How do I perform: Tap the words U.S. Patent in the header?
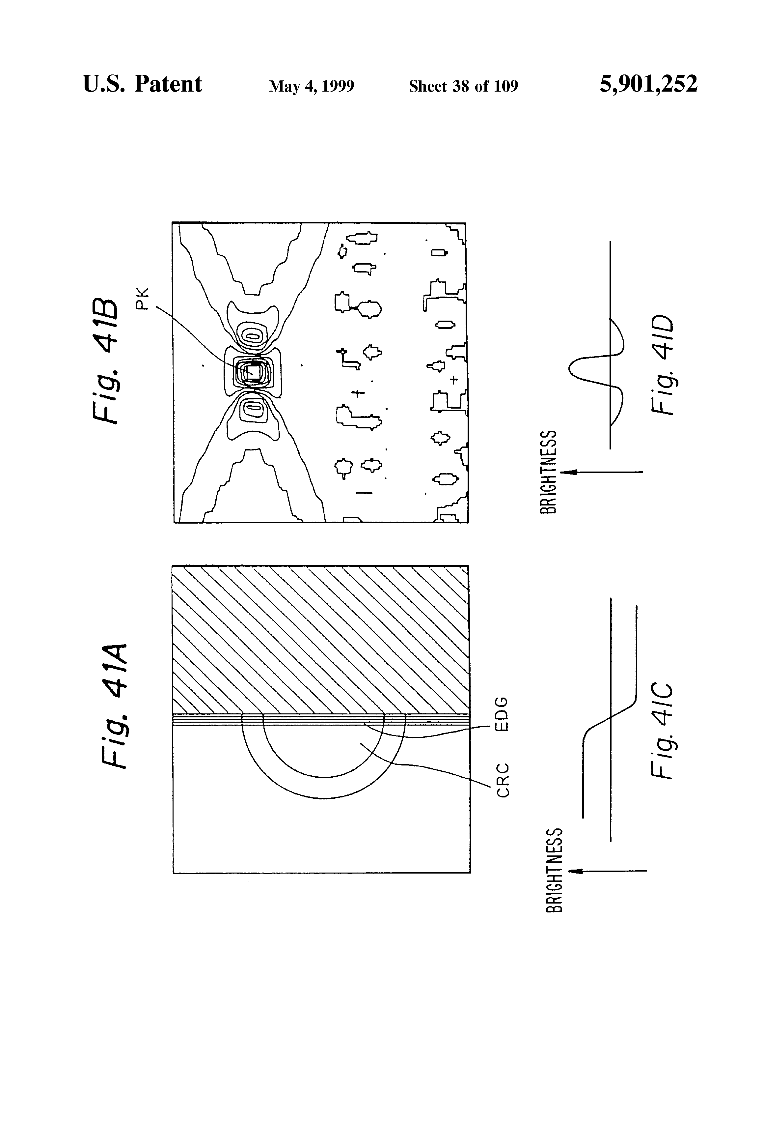pos(143,84)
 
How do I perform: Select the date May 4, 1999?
pos(312,86)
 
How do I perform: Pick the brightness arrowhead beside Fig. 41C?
pos(576,871)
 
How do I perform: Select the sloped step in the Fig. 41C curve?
pos(610,719)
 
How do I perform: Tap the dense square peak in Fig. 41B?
pos(251,372)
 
